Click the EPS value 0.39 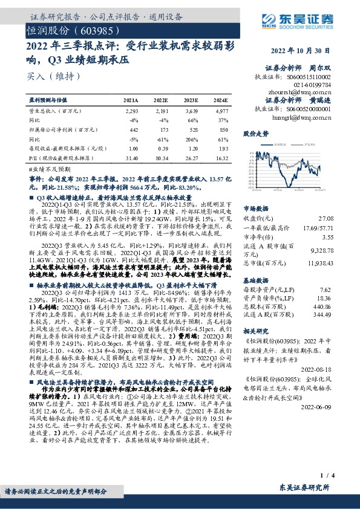tap(161, 148)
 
